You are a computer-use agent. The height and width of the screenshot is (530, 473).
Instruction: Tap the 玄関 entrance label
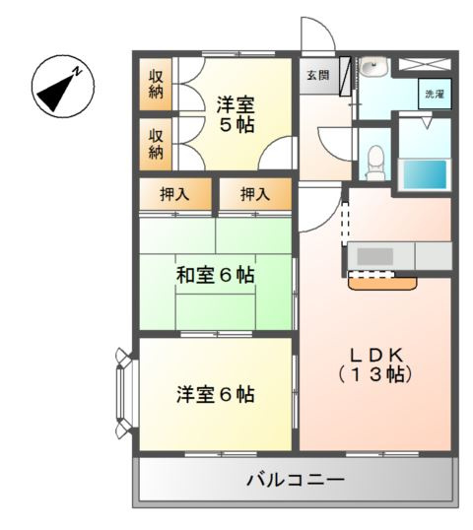[315, 75]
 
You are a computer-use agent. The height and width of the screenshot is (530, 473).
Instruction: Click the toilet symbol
[374, 157]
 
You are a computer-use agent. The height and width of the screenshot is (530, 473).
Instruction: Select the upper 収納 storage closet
[157, 85]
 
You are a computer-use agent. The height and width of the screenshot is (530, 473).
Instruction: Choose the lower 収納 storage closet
[157, 143]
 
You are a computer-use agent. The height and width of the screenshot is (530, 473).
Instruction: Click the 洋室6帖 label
[216, 395]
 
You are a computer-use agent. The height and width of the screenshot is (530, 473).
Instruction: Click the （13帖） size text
[373, 375]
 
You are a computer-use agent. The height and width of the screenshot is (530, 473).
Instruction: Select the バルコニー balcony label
[296, 481]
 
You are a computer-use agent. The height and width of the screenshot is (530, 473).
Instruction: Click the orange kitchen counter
[383, 282]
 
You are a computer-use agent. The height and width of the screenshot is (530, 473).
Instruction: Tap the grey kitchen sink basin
[375, 256]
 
